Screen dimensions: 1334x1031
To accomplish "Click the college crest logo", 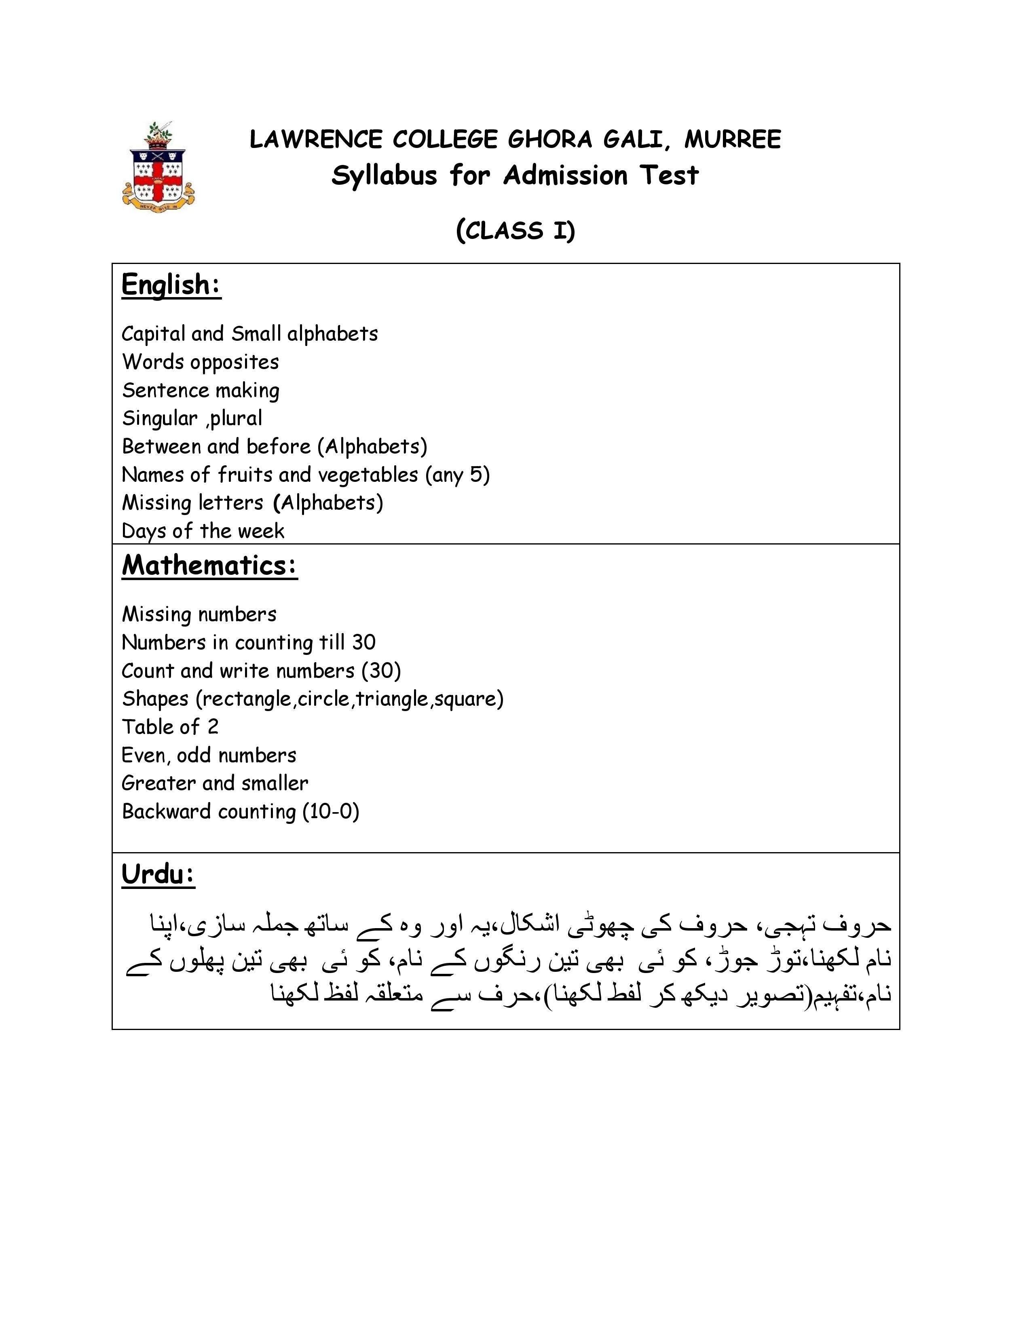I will point(158,167).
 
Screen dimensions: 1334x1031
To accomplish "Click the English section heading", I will point(171,285).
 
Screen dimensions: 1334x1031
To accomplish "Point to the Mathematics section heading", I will point(209,566).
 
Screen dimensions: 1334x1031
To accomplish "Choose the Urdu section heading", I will point(158,875).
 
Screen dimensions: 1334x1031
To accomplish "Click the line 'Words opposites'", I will point(200,362).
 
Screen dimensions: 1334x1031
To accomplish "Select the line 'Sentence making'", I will point(200,390).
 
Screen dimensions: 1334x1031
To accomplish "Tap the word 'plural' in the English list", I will point(237,418).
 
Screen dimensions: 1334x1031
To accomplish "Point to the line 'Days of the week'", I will point(203,531).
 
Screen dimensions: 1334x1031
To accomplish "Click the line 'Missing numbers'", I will point(199,614).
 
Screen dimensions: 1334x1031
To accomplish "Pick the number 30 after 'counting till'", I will point(363,643).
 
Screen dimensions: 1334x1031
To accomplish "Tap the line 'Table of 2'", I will point(170,727).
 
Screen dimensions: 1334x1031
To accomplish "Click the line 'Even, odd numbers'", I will point(209,756).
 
